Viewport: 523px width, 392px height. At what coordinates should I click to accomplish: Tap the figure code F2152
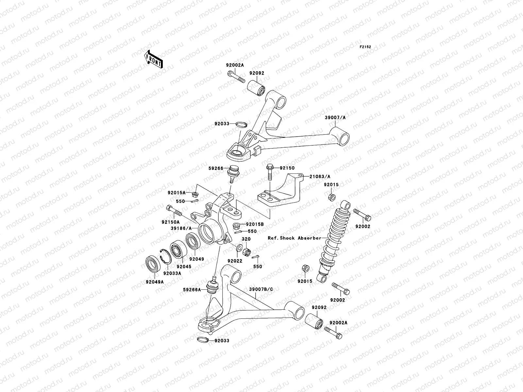click(x=365, y=47)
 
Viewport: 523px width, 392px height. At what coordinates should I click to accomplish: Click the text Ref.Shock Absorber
click(x=295, y=238)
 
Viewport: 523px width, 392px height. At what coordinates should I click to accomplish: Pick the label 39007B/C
click(x=261, y=289)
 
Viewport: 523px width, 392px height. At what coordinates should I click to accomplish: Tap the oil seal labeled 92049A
click(x=153, y=265)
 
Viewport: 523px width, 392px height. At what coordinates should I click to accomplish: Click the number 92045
click(x=184, y=267)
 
